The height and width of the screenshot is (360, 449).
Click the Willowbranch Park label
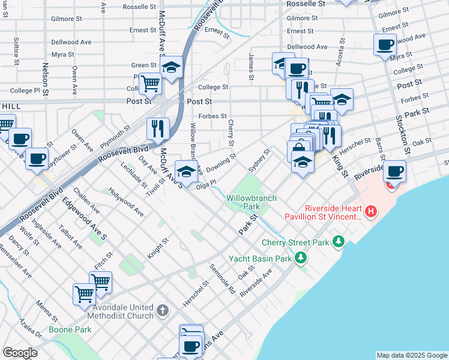point(243,202)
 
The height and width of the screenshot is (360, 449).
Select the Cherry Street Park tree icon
point(339,242)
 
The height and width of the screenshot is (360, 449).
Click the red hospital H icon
point(372,211)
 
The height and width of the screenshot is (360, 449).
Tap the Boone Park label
point(71,329)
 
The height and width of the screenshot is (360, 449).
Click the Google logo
point(19,353)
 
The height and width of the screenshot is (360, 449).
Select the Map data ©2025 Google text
point(411,355)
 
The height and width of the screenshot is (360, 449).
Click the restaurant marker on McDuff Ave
point(158,128)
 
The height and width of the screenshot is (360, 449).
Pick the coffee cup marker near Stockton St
point(394,172)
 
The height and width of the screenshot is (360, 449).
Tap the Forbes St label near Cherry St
point(212,116)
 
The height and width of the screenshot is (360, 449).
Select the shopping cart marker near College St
point(149,84)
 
